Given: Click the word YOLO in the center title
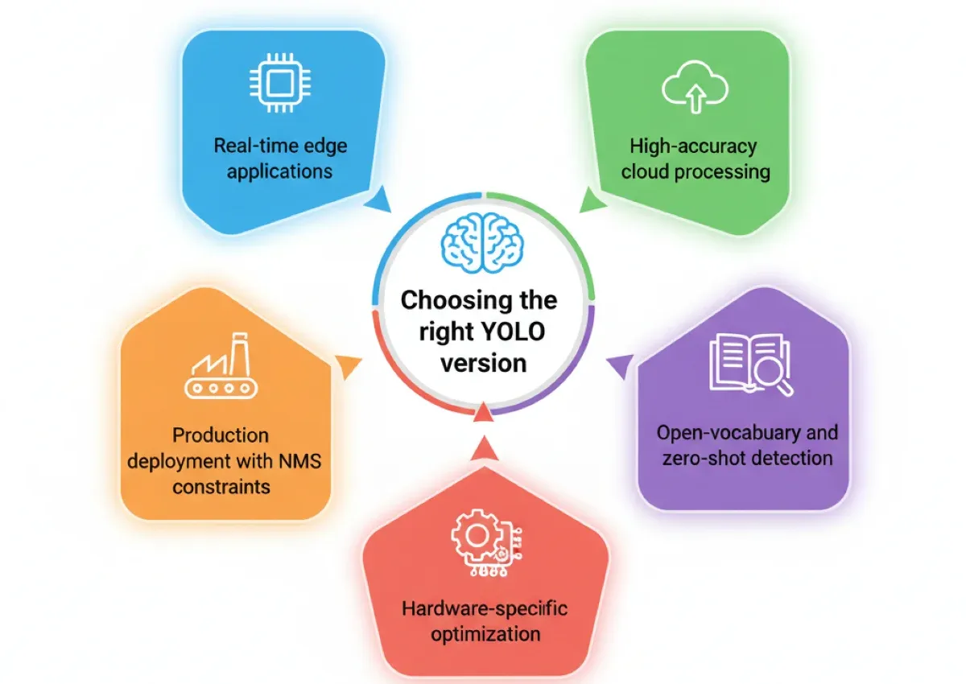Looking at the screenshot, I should click(510, 332).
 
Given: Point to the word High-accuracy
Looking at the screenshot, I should click(694, 146).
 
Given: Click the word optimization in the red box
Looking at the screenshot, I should click(485, 633).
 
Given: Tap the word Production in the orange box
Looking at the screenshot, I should click(221, 435).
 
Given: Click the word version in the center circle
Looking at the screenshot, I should click(484, 362).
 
